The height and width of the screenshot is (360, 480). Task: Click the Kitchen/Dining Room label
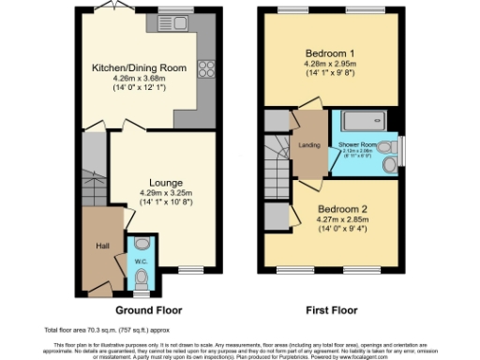point(139,67)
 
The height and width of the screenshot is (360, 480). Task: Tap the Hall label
point(102,246)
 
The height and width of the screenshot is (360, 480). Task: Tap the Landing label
point(308,143)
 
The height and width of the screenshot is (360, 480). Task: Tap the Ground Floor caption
point(149,310)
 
